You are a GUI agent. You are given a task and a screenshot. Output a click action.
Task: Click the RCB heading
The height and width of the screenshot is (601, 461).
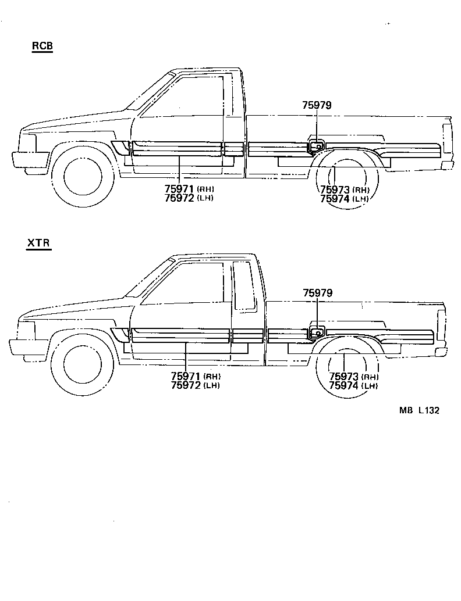(x=42, y=46)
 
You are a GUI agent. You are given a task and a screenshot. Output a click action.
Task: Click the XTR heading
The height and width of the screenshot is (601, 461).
(x=39, y=244)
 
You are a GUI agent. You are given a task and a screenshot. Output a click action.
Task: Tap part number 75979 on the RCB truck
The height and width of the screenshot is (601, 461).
(x=317, y=105)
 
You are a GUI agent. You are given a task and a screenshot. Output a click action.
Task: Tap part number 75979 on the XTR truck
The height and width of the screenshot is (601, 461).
(x=317, y=294)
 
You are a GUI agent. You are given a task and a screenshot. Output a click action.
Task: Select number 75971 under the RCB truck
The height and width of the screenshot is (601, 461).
(x=180, y=189)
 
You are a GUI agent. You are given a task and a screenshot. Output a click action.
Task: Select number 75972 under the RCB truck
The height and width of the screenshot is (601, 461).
(x=180, y=198)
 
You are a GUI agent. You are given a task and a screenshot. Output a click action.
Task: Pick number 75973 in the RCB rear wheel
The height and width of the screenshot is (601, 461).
(x=336, y=189)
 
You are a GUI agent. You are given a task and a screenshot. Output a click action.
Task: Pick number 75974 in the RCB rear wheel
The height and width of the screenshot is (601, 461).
(x=336, y=198)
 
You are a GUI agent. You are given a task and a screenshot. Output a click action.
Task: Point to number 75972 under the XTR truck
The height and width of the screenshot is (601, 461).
(x=186, y=385)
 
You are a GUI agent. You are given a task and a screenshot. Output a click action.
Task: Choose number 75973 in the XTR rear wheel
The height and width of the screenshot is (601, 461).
(x=345, y=377)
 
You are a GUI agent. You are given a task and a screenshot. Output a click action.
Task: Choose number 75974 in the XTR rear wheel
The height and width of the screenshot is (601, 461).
(x=345, y=385)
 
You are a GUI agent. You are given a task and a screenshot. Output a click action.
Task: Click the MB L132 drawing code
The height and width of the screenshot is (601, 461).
(x=419, y=410)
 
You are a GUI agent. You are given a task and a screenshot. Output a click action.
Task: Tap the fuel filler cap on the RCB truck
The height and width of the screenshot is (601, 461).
(x=315, y=146)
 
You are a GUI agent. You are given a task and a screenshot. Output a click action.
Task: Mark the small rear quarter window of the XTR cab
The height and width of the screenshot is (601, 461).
(x=244, y=285)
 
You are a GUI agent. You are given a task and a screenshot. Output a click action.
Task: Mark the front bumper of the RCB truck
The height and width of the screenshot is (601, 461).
(x=29, y=159)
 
